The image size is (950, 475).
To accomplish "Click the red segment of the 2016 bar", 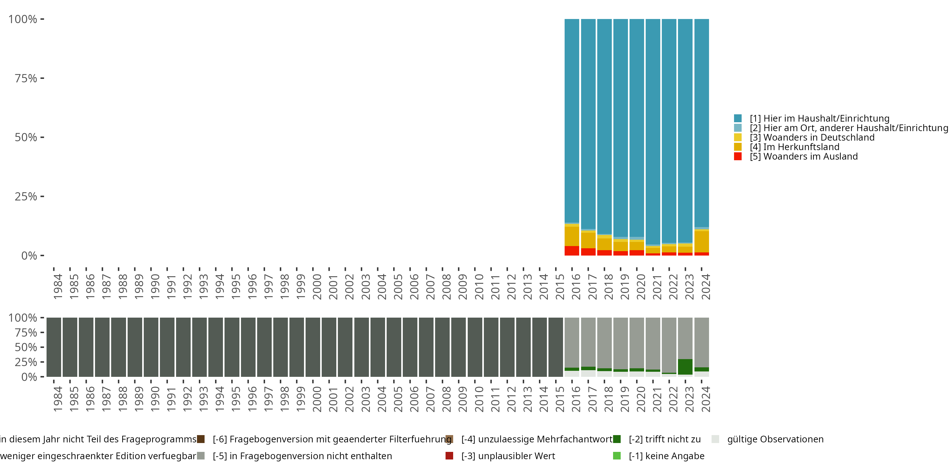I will point(572,251).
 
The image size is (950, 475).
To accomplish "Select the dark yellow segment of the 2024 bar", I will point(701,242).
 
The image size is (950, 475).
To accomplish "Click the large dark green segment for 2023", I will point(685,367).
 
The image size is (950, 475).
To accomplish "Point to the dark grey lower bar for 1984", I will point(54,347).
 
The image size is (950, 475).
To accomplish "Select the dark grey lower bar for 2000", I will point(313,347).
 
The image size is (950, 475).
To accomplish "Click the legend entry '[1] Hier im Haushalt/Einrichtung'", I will point(820,118).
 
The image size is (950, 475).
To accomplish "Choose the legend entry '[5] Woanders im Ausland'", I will point(804,156).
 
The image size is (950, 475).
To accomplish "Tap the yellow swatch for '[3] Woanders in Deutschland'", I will point(738,137).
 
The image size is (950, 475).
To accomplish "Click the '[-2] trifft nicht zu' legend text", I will point(665,439).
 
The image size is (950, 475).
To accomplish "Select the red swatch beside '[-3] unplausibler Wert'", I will point(449,456).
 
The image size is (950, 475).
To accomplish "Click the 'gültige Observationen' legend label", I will point(775,439).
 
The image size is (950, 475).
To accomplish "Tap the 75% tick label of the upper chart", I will point(26,78).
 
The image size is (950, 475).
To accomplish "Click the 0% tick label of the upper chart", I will point(29,256).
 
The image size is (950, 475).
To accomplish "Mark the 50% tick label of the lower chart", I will point(26,347).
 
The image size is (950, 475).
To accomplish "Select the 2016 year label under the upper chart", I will point(576,287).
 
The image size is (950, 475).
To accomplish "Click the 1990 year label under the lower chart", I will point(155,399).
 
